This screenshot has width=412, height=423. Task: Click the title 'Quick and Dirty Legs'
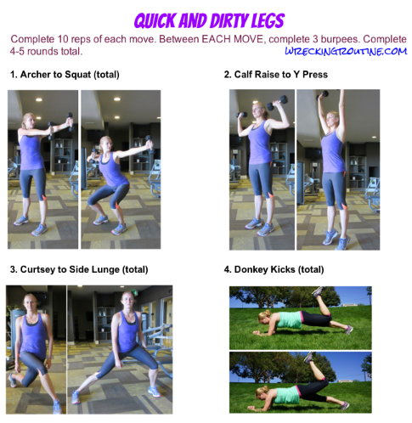[209, 21]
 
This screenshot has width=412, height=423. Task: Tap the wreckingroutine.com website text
[346, 52]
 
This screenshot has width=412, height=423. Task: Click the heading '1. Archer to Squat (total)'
[65, 75]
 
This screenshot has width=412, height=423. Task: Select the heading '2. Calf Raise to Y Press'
[275, 75]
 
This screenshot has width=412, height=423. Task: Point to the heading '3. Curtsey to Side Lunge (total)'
[79, 269]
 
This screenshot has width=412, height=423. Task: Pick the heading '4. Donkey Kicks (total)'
[274, 269]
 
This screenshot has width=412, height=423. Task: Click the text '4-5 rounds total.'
[46, 52]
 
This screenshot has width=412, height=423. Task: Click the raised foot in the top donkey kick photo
[318, 291]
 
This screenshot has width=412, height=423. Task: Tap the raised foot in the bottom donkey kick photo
[309, 358]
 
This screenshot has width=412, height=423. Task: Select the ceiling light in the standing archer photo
[39, 99]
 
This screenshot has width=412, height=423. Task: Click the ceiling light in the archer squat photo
[117, 99]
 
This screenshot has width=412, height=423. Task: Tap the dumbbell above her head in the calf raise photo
[323, 94]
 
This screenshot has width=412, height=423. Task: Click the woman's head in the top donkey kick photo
[264, 316]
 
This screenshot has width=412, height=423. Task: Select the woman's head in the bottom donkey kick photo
[262, 392]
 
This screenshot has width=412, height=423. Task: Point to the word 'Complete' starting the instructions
[32, 39]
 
